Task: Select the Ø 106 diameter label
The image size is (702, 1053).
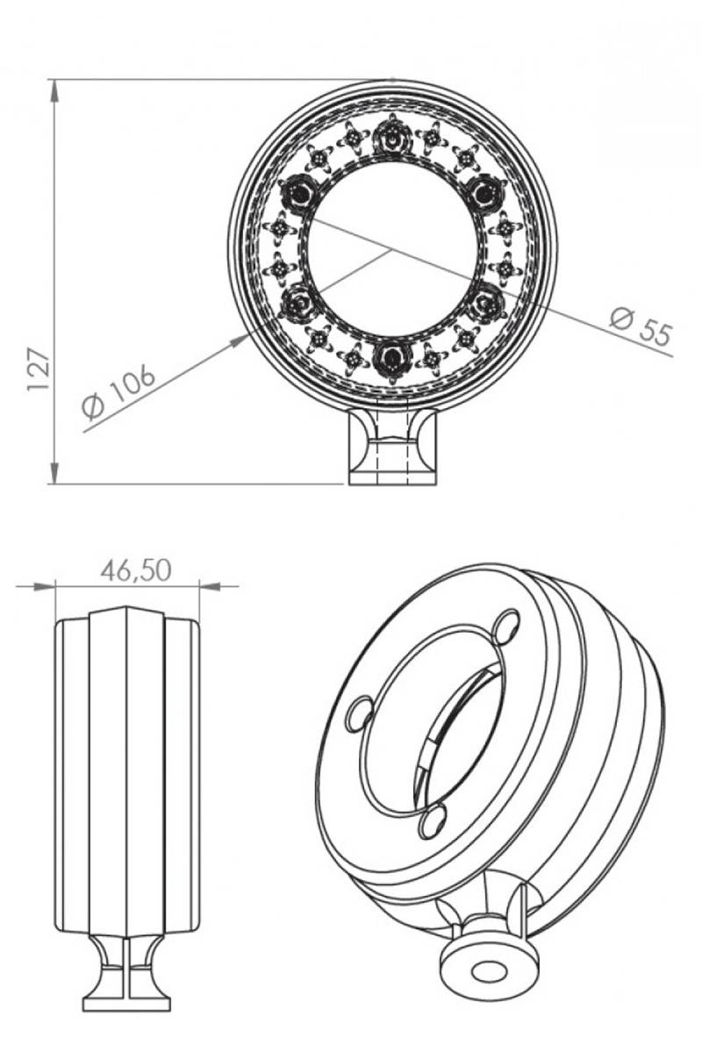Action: [118, 392]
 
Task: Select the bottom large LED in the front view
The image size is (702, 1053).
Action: [391, 359]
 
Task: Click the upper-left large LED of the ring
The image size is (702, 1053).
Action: [297, 190]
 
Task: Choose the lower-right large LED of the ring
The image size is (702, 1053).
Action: [485, 304]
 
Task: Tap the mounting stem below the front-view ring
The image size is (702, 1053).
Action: [391, 448]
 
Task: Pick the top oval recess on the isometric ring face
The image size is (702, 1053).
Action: [506, 626]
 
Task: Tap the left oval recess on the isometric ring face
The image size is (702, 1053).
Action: [362, 713]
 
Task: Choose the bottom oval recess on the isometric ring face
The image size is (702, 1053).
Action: [433, 821]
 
